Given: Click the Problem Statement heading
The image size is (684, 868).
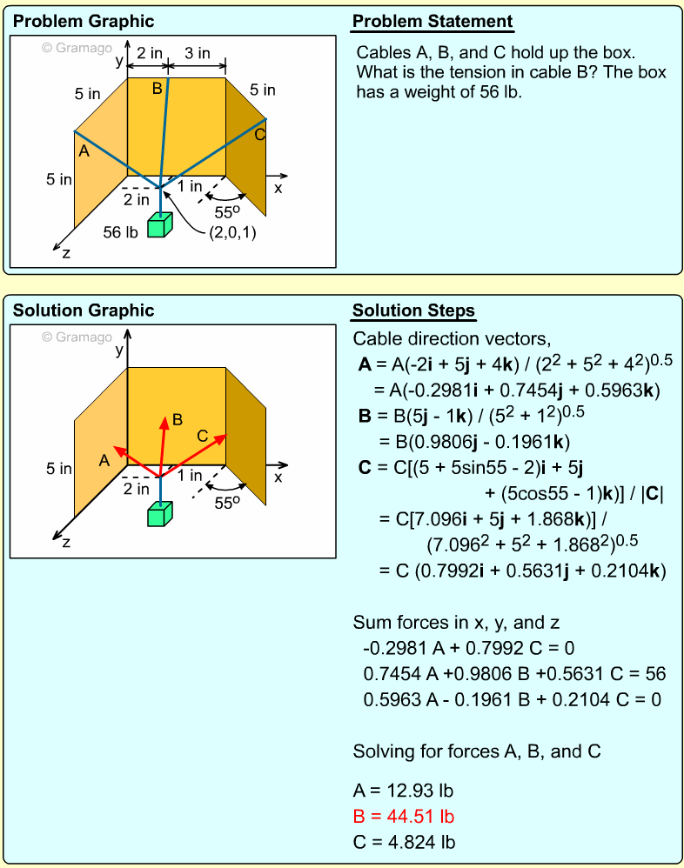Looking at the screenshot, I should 433,22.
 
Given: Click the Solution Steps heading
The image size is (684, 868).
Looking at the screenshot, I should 413,311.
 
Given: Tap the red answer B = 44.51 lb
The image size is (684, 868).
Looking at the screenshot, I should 403,817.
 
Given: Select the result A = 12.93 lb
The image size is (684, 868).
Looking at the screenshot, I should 403,791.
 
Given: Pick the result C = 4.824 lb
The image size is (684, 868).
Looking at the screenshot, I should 403,842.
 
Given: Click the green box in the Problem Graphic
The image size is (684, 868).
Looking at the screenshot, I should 158,225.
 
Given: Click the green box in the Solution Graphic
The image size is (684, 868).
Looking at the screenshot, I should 158,514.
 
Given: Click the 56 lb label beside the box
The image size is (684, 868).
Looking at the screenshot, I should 121,232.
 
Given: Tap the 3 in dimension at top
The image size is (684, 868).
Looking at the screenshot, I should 198,54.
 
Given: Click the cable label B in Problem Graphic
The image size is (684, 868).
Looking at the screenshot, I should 157,88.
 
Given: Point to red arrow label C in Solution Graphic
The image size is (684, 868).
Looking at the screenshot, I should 202,435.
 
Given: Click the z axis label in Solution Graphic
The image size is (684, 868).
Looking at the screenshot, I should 66,542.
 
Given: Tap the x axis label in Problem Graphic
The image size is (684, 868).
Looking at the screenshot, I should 278,188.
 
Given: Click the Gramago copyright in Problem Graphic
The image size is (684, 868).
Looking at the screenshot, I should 77,49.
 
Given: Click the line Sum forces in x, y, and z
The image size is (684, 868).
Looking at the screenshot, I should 455,623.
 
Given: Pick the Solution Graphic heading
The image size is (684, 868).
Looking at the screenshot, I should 84,310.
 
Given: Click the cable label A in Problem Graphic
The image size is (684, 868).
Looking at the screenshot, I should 84,151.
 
